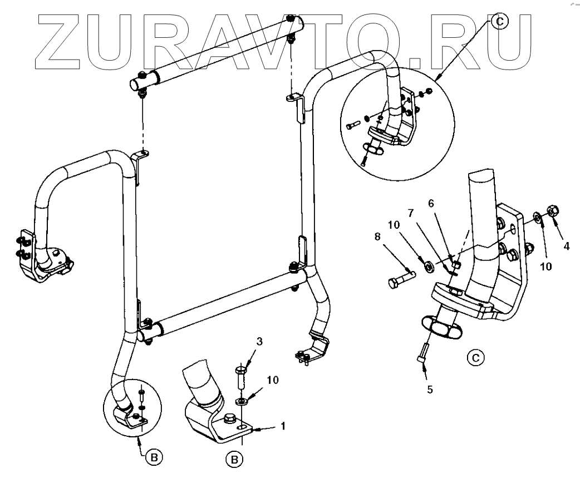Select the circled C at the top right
(499, 21)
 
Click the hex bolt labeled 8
(400, 279)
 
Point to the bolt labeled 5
(422, 353)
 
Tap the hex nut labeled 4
(554, 211)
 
